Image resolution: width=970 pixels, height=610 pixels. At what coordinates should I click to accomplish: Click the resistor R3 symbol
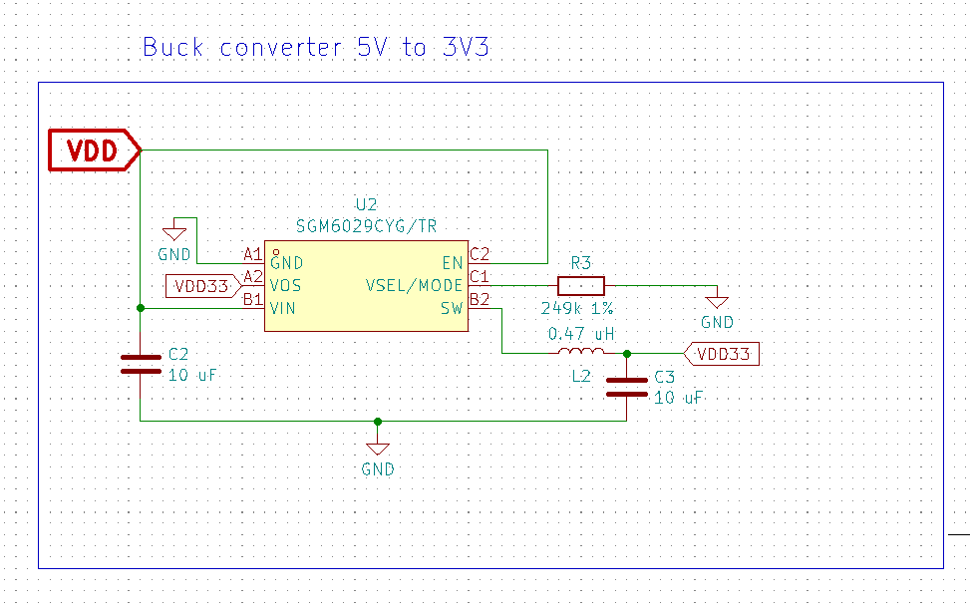(581, 285)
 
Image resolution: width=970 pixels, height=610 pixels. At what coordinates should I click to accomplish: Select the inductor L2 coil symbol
(580, 353)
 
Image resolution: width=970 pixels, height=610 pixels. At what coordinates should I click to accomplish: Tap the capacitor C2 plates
(141, 364)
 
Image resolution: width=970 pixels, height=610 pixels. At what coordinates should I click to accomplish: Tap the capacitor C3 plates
(627, 387)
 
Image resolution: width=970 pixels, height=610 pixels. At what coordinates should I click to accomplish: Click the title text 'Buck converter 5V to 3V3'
(316, 47)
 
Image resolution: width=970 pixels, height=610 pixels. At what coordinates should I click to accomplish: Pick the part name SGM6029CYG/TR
(367, 226)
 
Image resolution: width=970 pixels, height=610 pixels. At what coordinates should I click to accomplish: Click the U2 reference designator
(367, 205)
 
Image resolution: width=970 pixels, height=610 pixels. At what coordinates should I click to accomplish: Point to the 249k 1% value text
(577, 308)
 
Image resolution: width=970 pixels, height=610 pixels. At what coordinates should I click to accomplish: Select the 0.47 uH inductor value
(581, 334)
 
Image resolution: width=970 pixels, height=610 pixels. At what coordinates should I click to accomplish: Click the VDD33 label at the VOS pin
(201, 286)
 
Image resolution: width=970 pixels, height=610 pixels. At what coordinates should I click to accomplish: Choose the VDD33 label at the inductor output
(724, 353)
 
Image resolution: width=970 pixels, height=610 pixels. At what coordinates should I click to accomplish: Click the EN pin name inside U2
(453, 263)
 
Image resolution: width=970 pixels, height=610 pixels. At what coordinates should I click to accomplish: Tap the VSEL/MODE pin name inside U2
(415, 285)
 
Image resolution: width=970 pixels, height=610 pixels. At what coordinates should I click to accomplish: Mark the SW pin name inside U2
(452, 308)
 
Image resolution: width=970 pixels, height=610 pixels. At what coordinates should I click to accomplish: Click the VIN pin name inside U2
(282, 308)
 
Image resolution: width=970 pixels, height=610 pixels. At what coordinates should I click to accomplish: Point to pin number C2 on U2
(480, 254)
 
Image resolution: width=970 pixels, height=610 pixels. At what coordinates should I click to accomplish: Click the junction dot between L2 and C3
(627, 353)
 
